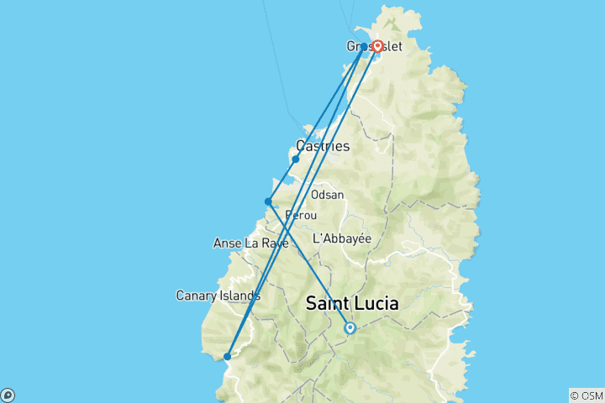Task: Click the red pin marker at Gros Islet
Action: pyautogui.click(x=378, y=46)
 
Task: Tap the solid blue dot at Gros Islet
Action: pyautogui.click(x=364, y=47)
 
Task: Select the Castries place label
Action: pyautogui.click(x=323, y=146)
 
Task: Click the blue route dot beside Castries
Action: pyautogui.click(x=296, y=159)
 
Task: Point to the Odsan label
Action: pyautogui.click(x=327, y=194)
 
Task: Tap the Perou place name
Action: pyautogui.click(x=300, y=216)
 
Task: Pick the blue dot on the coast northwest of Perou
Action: pyautogui.click(x=268, y=201)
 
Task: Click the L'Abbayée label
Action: pyautogui.click(x=341, y=238)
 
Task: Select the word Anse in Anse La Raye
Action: pyautogui.click(x=229, y=243)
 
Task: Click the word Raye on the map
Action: pyautogui.click(x=274, y=243)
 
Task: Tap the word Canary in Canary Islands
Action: pyautogui.click(x=197, y=296)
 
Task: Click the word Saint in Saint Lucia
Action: pyautogui.click(x=328, y=303)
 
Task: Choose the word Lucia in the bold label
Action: pyautogui.click(x=377, y=303)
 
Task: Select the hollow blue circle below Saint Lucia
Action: pyautogui.click(x=350, y=328)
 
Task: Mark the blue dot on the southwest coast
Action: pyautogui.click(x=228, y=357)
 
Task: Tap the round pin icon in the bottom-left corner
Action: pyautogui.click(x=8, y=395)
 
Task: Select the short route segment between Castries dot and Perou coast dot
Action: pyautogui.click(x=282, y=180)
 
